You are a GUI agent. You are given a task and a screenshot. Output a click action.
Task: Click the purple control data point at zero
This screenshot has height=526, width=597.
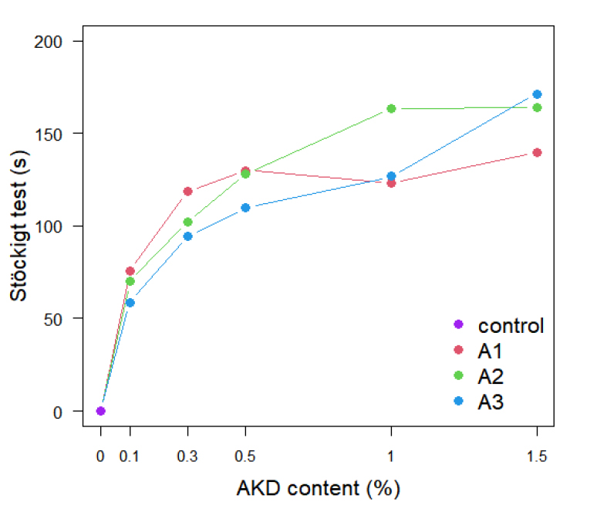click(x=100, y=411)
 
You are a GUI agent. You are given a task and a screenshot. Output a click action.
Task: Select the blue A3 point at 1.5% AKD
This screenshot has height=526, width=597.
click(x=537, y=94)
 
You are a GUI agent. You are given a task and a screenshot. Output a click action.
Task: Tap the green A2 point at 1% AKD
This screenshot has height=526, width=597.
click(x=391, y=109)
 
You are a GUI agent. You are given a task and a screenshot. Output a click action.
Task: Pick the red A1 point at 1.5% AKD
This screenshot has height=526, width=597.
click(x=537, y=152)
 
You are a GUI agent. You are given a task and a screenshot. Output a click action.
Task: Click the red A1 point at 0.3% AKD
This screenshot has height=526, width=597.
click(x=187, y=191)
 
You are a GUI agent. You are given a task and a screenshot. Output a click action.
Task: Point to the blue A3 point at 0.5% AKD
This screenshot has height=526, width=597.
click(x=245, y=207)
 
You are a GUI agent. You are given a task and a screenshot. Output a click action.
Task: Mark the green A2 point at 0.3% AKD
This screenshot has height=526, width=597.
click(x=187, y=222)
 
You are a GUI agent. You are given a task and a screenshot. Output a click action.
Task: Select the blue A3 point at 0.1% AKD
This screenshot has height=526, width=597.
click(x=130, y=302)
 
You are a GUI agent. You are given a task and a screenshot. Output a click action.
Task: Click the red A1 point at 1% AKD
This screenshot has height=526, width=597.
click(x=391, y=183)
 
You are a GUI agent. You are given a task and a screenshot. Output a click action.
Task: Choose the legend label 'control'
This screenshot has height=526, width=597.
click(x=511, y=326)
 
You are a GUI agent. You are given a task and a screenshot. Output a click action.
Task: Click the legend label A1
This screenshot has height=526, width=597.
click(x=490, y=351)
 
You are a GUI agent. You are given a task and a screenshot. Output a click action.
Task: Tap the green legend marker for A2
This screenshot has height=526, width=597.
click(x=458, y=376)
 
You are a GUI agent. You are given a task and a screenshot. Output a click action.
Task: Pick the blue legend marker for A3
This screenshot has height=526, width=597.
click(x=458, y=401)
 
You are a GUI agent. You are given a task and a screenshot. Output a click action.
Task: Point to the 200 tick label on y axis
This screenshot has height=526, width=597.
click(x=60, y=41)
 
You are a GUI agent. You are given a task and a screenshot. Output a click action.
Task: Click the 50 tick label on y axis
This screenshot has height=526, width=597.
click(x=64, y=318)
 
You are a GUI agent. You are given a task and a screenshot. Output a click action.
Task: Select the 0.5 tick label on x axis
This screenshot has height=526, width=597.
click(x=245, y=456)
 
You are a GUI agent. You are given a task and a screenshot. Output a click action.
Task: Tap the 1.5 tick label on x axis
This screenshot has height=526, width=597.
click(x=537, y=456)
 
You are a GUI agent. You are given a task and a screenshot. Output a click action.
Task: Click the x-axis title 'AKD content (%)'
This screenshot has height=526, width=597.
click(x=318, y=488)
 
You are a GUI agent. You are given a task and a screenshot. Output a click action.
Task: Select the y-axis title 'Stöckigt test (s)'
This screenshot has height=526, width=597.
click(x=20, y=226)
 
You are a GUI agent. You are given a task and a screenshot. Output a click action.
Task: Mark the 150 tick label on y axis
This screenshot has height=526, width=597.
click(x=60, y=134)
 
